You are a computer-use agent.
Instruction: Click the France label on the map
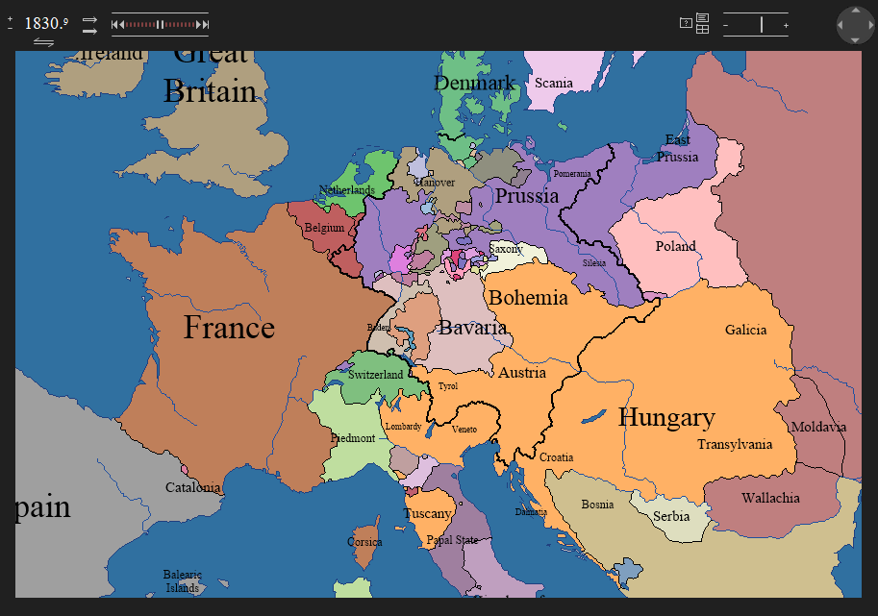pos(229,328)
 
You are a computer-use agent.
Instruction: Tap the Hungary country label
pos(666,417)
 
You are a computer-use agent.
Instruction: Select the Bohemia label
pos(528,297)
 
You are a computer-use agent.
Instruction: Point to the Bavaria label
pos(472,328)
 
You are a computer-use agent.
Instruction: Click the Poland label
pos(675,246)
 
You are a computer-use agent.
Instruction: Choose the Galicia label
pos(745,330)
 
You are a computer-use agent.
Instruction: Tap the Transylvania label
pos(735,444)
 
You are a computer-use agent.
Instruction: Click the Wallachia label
pos(770,498)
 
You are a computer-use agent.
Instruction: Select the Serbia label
pos(671,516)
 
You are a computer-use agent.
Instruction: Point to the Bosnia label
pos(597,505)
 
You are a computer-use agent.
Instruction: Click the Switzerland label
pos(375,375)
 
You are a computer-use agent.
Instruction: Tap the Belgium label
pos(324,229)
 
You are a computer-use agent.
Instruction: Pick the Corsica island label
pos(364,542)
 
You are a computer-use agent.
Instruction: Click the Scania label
pos(554,83)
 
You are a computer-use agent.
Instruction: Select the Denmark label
pos(475,84)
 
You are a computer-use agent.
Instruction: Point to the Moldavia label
pos(817,427)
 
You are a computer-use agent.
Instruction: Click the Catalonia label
pos(193,487)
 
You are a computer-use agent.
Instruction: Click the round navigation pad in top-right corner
pos(855,25)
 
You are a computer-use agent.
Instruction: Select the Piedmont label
pos(353,438)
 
